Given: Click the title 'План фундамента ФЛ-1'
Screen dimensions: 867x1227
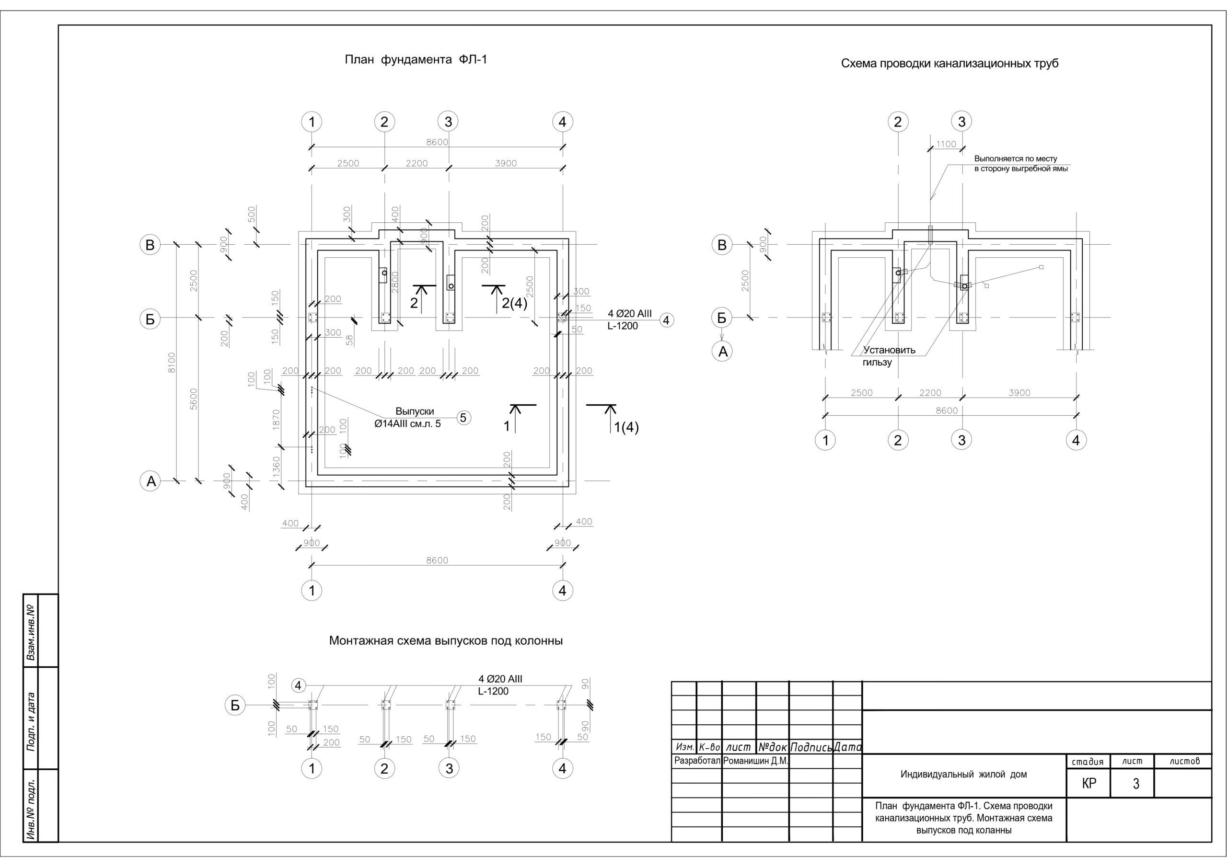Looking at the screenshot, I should coord(416,59).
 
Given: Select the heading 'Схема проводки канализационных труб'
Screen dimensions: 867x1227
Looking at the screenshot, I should coord(949,64).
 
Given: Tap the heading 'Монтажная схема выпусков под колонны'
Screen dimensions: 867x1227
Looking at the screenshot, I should coord(446,640).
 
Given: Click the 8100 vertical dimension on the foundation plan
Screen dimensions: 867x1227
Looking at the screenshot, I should coord(172,362).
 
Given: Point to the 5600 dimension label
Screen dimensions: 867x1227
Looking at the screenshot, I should coord(194,399).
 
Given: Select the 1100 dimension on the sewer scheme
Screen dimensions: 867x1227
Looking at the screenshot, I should coord(946,144).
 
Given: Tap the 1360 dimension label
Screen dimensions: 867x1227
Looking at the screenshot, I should coord(276,467).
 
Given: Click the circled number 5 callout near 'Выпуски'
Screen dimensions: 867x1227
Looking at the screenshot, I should coord(463,418).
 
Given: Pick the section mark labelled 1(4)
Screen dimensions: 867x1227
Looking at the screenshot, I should coord(626,427).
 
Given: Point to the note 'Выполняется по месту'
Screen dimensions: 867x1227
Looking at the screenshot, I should coord(1015,159).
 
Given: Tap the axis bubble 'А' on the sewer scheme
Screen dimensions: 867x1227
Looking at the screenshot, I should coord(722,351).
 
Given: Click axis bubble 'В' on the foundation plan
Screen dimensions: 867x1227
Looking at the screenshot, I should coord(150,245).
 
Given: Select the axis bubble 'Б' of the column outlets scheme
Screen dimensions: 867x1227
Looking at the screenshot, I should coord(234,705).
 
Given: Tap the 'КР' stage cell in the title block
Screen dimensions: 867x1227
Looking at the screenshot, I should coord(1088,783).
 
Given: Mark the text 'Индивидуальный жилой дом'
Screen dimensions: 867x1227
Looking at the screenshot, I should coord(963,774).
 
